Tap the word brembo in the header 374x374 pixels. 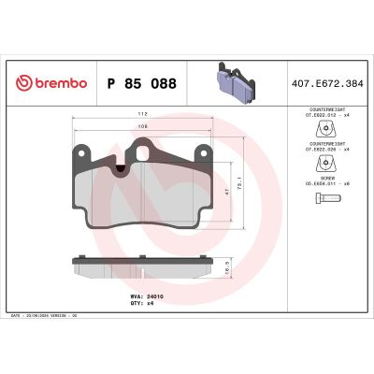61,83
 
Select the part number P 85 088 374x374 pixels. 139,83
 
